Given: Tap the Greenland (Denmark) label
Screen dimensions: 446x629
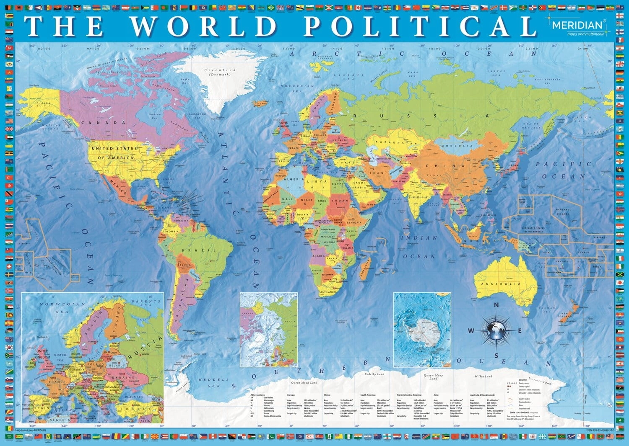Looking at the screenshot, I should click(x=220, y=72).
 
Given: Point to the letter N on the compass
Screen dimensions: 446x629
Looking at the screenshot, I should click(x=496, y=305).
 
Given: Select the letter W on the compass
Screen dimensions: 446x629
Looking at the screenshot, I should click(x=471, y=331).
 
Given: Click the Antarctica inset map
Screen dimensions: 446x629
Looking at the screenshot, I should click(x=423, y=330).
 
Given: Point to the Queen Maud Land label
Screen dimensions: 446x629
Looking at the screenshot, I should click(x=304, y=382).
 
